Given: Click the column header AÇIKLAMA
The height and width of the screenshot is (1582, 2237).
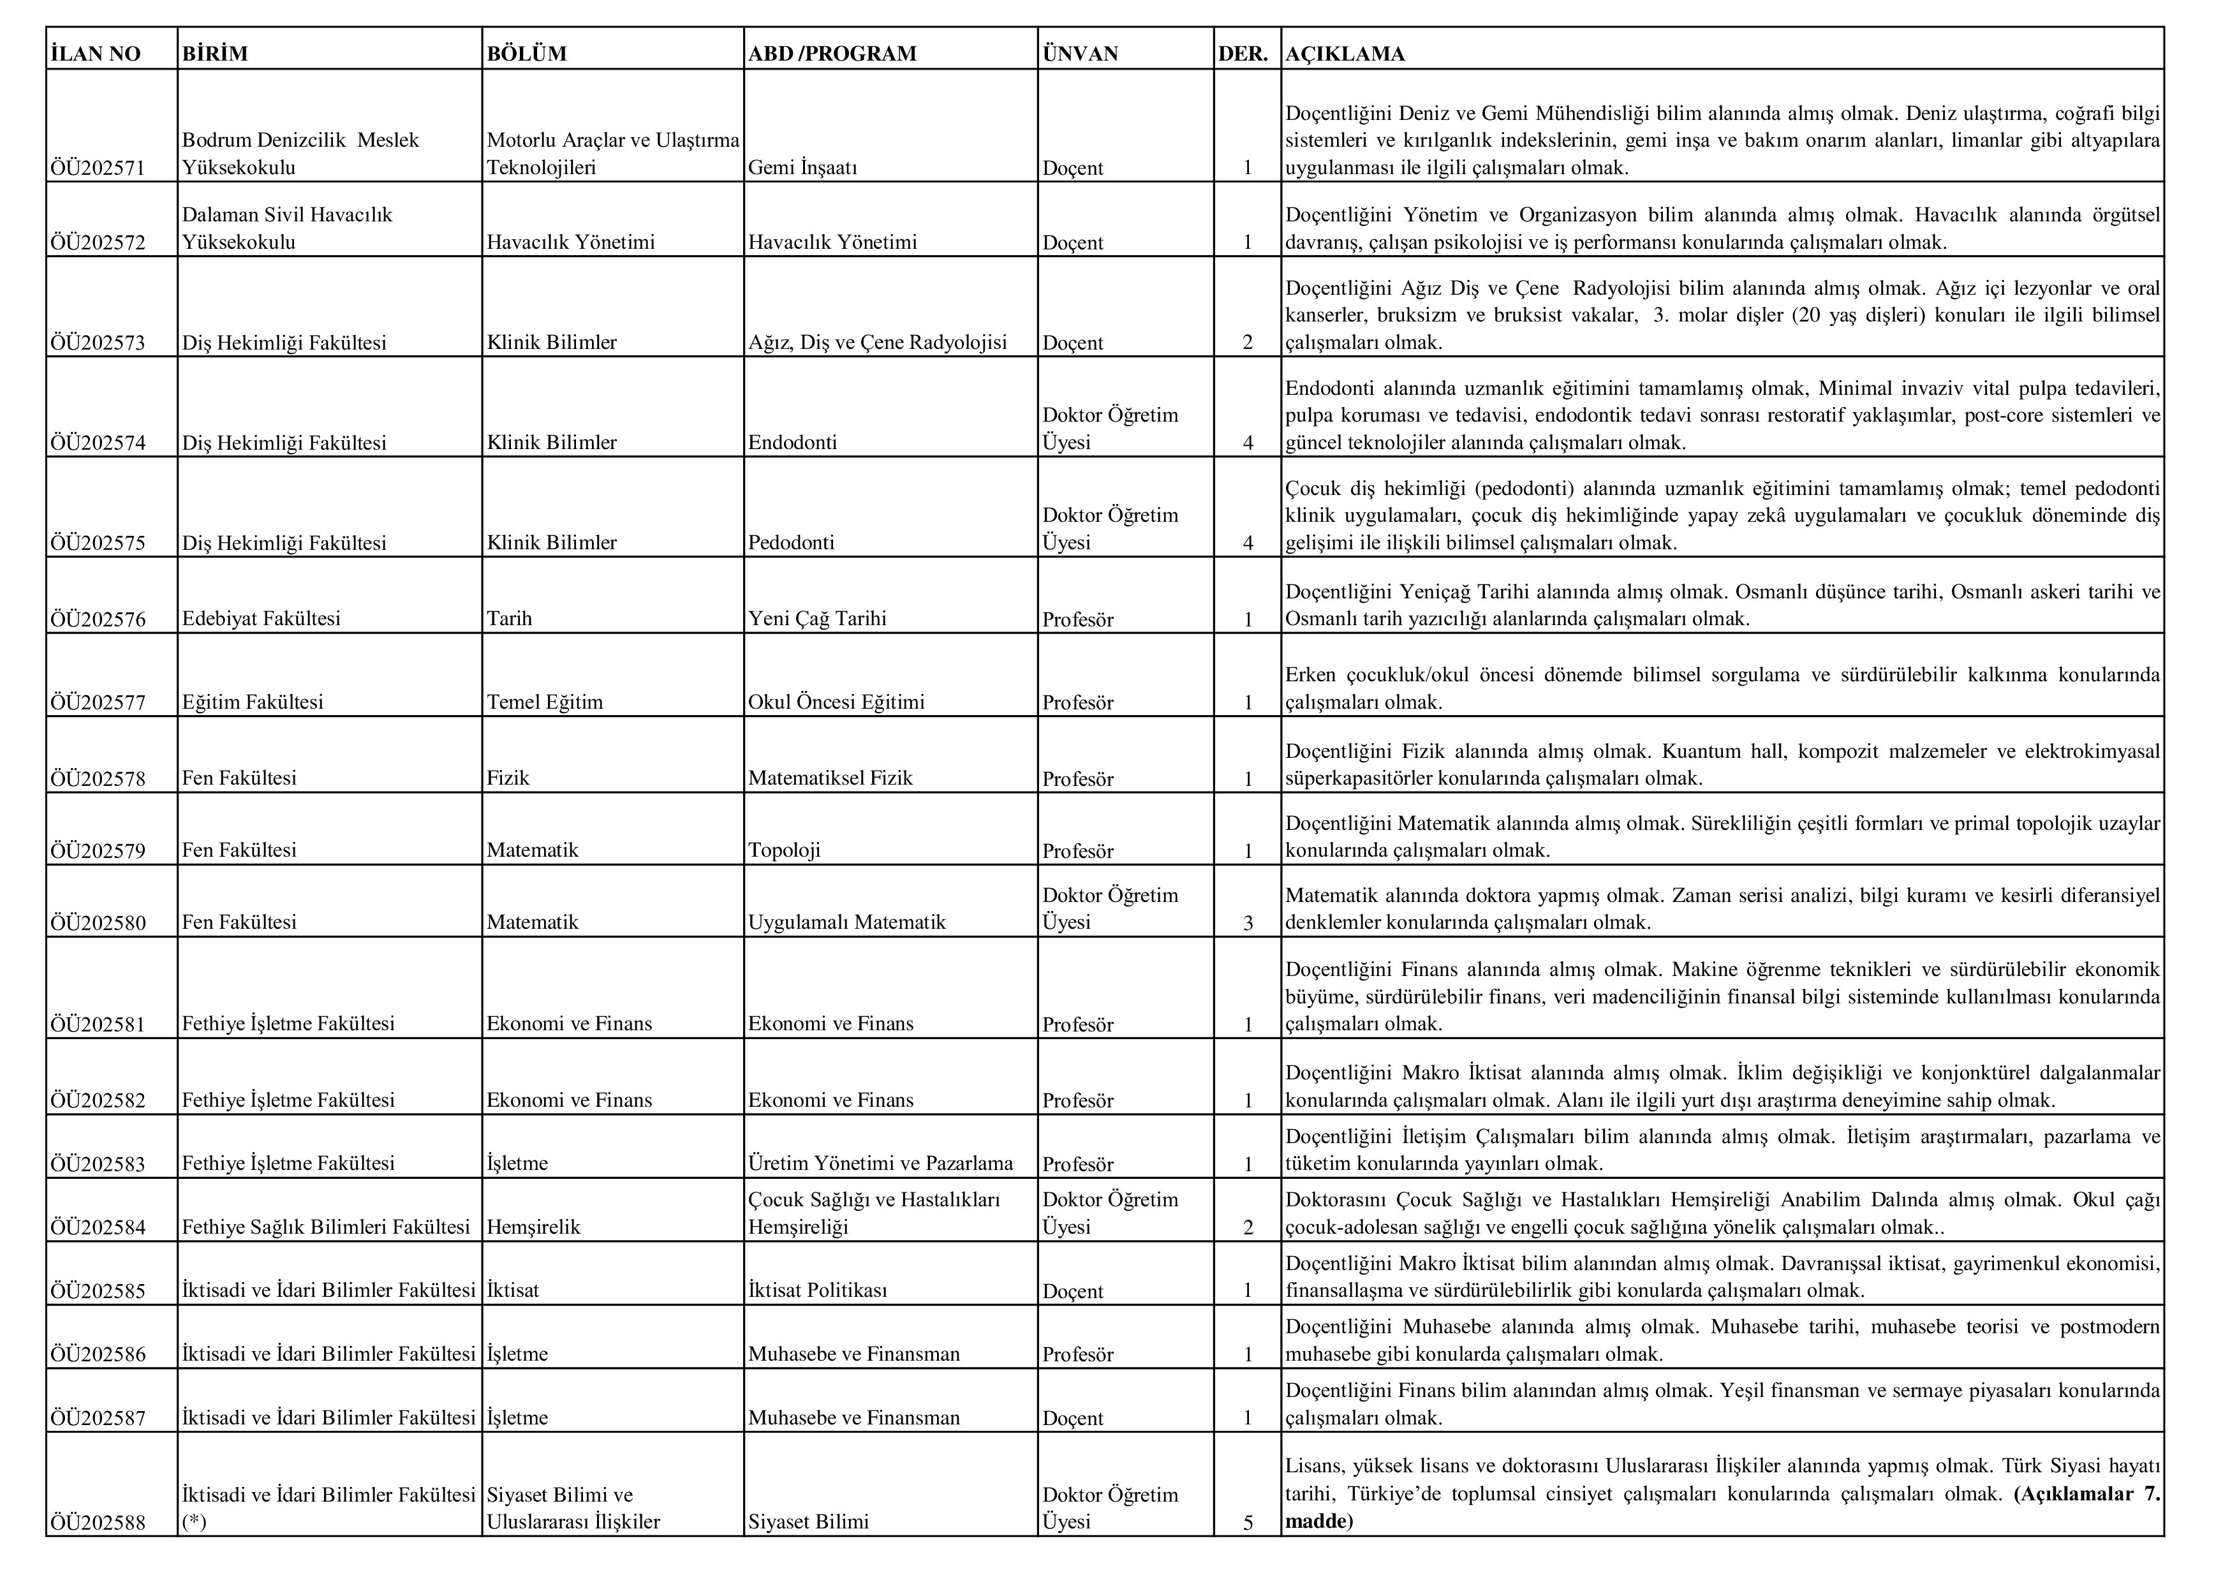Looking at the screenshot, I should [1345, 54].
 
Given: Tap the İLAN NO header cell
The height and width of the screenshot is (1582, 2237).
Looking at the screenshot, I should [96, 54].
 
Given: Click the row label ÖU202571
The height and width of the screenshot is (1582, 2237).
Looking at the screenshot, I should [98, 168].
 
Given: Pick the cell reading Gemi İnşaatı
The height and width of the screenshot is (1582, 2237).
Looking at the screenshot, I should [803, 168].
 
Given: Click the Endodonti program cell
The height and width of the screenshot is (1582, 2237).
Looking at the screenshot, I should [792, 442].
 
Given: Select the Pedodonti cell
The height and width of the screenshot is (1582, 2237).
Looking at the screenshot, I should [791, 543].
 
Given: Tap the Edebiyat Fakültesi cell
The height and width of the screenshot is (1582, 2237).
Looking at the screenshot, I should [261, 619].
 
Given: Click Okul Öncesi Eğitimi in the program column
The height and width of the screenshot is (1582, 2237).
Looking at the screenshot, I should [836, 702].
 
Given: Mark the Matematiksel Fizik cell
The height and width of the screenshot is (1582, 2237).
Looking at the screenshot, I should [830, 778].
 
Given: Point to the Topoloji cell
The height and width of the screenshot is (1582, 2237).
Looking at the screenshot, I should [785, 850].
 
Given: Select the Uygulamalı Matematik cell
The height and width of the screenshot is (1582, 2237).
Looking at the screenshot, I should [846, 922].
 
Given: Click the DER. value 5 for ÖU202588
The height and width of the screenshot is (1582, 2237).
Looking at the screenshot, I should [1248, 1521].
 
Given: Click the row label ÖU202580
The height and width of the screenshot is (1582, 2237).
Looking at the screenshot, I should [98, 922].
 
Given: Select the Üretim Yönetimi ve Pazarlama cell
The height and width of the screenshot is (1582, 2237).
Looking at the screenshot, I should [881, 1164].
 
